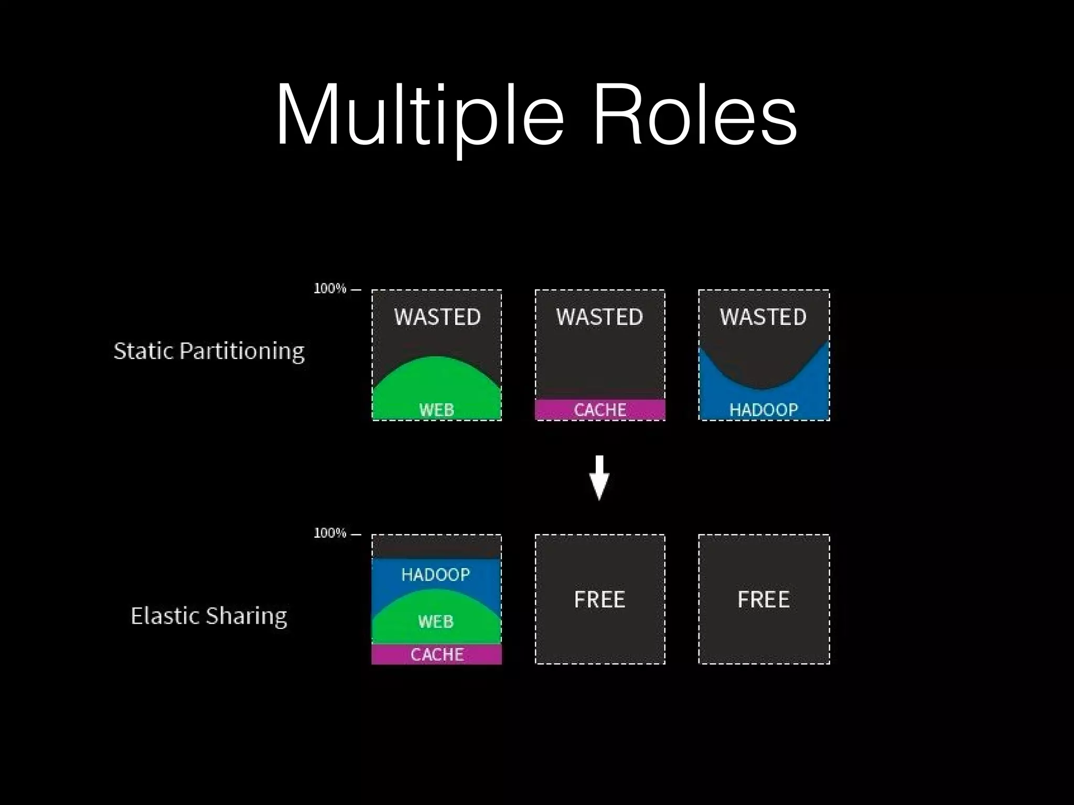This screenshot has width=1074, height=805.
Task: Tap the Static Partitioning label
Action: pos(209,351)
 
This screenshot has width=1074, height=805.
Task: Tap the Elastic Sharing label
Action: pos(209,616)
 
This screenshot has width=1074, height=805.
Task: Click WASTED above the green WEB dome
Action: pos(437,317)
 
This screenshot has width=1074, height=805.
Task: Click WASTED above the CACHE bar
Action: pos(599,317)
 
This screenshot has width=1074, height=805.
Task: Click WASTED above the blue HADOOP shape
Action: pos(763,317)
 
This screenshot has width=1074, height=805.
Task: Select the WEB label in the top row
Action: pos(436,410)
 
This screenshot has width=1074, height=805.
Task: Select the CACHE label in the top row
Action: pos(600,410)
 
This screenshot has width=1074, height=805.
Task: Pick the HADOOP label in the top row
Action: pos(764,410)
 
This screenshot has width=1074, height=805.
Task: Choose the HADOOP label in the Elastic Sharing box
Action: pos(436,575)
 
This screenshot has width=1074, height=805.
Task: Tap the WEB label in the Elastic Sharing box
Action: pos(436,622)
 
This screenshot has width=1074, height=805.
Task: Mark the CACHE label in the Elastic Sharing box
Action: pos(437,655)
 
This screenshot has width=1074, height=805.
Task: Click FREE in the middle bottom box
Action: pos(599,600)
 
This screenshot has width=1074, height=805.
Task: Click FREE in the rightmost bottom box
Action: pos(764,600)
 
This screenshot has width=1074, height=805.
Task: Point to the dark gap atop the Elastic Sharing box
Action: pos(436,547)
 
